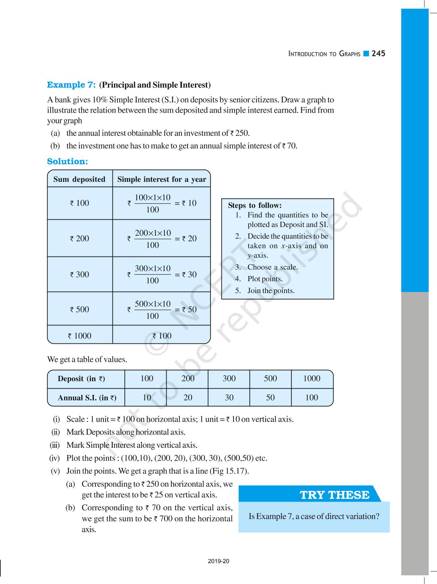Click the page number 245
(x=378, y=54)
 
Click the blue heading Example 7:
(x=71, y=85)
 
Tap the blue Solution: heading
(x=67, y=161)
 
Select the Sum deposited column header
(x=79, y=179)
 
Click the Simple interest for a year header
(x=161, y=179)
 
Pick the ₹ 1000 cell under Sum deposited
(x=79, y=336)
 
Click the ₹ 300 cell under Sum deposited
(x=79, y=275)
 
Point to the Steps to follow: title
(x=254, y=205)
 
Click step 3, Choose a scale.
(x=272, y=267)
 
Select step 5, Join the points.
(x=271, y=291)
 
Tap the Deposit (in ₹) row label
(x=81, y=379)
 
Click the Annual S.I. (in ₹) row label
(x=87, y=398)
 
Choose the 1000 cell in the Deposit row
(x=312, y=379)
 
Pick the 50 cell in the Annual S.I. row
(x=270, y=398)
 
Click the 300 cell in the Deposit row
(x=229, y=379)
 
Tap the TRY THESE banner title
(x=335, y=495)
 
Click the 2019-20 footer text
(x=219, y=561)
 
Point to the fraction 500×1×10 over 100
(x=152, y=310)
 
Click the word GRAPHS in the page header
(x=350, y=54)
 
